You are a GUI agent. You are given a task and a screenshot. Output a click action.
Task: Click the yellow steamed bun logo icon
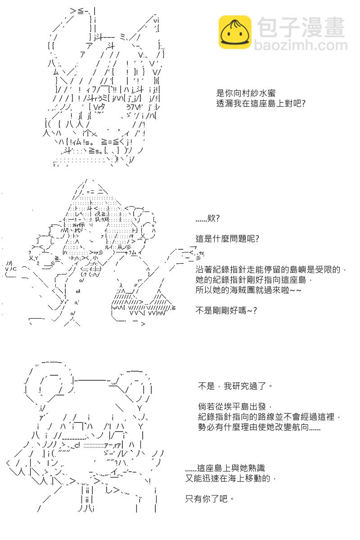coord(234,32)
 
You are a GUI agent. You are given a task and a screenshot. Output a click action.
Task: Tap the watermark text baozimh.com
coord(301,45)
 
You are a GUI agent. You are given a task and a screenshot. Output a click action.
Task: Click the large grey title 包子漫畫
coord(301,27)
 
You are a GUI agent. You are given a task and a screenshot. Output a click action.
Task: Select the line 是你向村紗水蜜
coord(246,93)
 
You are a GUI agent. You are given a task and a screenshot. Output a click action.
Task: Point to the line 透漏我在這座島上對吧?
coord(261,103)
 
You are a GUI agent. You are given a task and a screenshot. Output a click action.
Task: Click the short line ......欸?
coord(207,218)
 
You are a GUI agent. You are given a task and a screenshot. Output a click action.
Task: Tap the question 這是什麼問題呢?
coord(227,238)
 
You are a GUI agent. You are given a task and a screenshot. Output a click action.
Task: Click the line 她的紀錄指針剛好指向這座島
coord(254,280)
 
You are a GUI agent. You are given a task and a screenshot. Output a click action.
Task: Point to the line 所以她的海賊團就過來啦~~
coord(248,290)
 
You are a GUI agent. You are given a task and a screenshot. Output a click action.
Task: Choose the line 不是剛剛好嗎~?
coord(226,310)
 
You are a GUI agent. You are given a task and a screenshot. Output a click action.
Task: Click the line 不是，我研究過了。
coord(235,386)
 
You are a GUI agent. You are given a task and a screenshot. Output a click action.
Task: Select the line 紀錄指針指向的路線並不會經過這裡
coord(269,417)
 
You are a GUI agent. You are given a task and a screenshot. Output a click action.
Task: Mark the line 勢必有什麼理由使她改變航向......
coord(259,427)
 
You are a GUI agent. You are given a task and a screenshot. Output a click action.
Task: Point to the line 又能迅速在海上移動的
coord(230,478)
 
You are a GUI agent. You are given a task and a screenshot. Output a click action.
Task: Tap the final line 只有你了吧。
coord(209,499)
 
